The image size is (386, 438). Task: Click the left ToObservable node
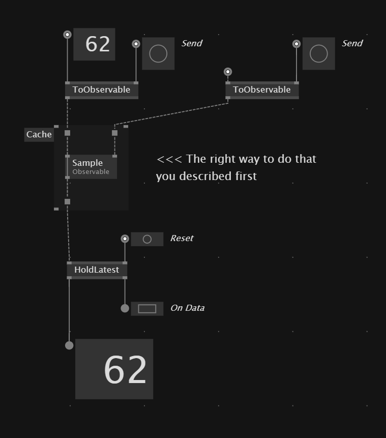tap(101, 90)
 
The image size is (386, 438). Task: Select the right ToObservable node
tap(262, 90)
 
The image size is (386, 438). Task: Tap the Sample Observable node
tap(91, 167)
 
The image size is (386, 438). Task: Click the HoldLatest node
tap(97, 270)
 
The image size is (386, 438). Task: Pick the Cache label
tap(39, 135)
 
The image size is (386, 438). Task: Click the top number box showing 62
tap(94, 44)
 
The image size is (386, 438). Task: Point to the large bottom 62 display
tap(114, 369)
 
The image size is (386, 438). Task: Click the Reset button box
tap(147, 239)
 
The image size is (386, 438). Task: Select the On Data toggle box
tap(147, 309)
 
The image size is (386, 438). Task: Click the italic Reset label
tap(182, 239)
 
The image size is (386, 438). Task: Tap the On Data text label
tap(187, 308)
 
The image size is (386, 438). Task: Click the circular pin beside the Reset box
tap(125, 239)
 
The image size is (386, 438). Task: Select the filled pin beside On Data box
tap(125, 308)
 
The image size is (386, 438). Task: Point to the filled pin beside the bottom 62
tap(69, 345)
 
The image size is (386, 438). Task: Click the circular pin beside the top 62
tap(67, 35)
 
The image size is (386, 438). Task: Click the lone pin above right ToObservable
tap(228, 72)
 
